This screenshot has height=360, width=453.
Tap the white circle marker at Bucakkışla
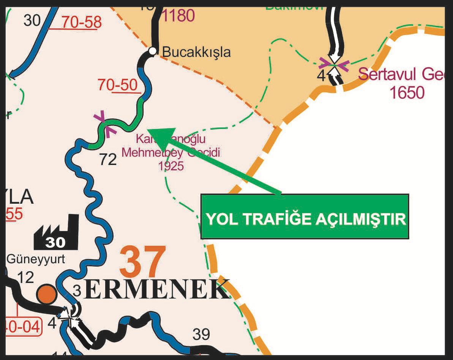[152, 51]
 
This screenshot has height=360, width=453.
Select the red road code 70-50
[118, 85]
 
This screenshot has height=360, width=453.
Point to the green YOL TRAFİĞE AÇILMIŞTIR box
[305, 217]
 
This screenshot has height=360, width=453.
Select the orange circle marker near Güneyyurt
[47, 294]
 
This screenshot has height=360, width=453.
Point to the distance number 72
[107, 159]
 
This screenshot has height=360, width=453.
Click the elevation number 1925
[171, 166]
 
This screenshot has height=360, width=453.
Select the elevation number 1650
[407, 92]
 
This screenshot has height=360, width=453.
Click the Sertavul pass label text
[401, 74]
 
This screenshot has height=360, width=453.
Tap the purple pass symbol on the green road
[105, 123]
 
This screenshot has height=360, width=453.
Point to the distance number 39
[201, 334]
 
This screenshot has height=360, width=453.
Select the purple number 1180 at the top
[179, 15]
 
